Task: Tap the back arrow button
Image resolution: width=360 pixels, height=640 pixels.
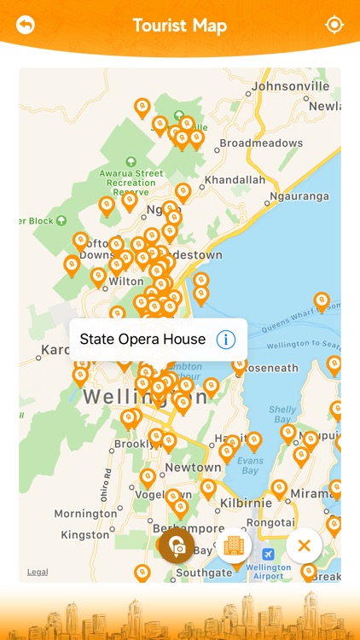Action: [26, 25]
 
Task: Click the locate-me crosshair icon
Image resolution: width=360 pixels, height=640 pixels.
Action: [334, 25]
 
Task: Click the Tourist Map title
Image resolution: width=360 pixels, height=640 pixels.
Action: [180, 26]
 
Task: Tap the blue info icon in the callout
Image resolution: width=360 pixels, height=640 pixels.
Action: [225, 340]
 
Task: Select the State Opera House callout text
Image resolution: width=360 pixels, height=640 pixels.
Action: [142, 340]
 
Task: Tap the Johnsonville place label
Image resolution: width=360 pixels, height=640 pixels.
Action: [290, 86]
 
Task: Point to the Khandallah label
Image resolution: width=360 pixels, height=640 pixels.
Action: [235, 180]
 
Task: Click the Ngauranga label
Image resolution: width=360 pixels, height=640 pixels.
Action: [299, 196]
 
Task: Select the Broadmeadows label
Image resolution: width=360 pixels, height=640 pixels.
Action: [261, 143]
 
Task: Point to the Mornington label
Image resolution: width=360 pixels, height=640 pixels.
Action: [85, 514]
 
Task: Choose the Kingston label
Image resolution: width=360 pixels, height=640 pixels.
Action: [85, 535]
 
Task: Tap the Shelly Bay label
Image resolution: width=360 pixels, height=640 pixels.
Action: [282, 415]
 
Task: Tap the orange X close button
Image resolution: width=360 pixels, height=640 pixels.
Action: [304, 545]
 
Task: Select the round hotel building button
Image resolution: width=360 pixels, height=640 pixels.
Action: [234, 545]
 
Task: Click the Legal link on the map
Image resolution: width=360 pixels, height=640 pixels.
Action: [38, 572]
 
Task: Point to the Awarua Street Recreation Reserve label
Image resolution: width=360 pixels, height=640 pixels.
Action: [131, 177]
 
